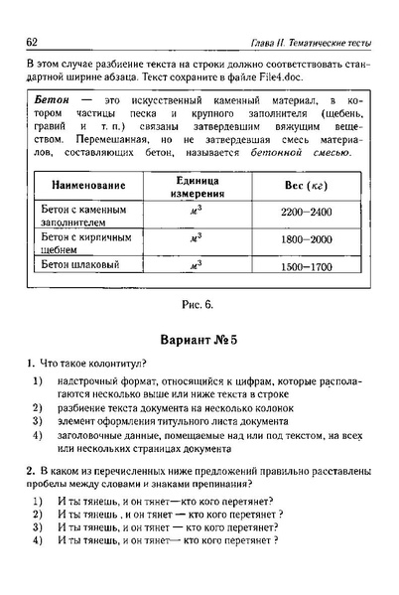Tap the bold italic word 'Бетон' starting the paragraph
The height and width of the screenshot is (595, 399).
(50, 102)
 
